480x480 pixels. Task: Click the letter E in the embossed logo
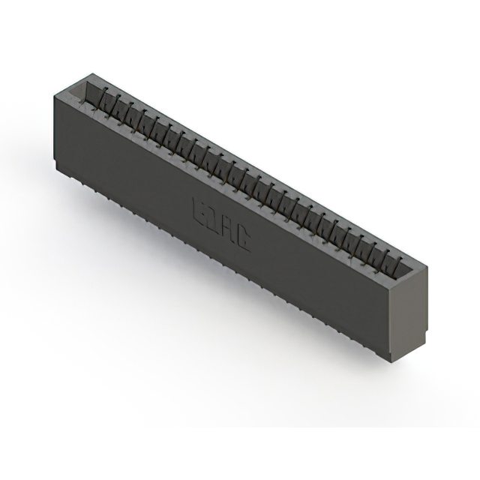tap(200, 208)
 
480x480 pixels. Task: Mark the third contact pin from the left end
tap(130, 111)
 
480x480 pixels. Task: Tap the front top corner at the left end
tap(53, 93)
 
